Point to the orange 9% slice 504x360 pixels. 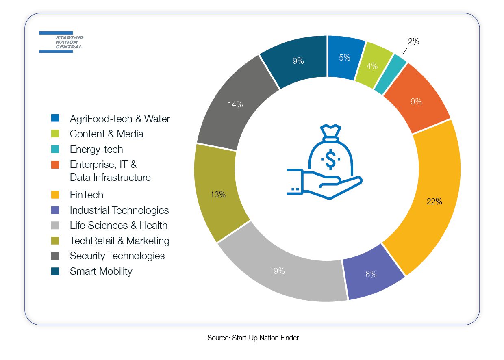[x=416, y=101]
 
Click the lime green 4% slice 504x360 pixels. [x=372, y=66]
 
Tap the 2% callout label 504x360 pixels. [x=413, y=41]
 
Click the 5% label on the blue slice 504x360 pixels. [x=345, y=58]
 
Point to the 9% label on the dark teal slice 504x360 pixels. [x=298, y=61]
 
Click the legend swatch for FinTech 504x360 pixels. [x=55, y=195]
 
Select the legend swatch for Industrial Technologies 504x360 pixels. [x=55, y=210]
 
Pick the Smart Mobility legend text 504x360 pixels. [x=101, y=271]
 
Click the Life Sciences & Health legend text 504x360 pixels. [x=119, y=226]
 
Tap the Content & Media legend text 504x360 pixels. [x=106, y=134]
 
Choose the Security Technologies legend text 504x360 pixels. [x=117, y=256]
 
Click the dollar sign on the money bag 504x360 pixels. [x=330, y=159]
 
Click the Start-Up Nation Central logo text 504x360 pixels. [x=69, y=42]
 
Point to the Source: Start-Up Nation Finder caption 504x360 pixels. [x=253, y=338]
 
